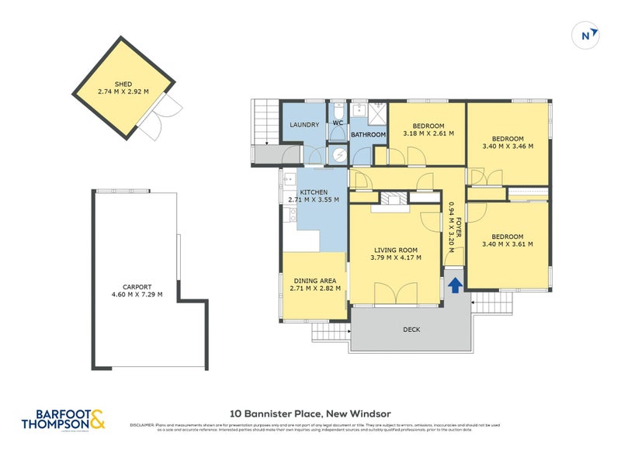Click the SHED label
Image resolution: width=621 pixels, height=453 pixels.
(124, 83)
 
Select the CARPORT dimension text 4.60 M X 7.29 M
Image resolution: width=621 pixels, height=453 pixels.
(136, 294)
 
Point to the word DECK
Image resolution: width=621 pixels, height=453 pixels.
(411, 330)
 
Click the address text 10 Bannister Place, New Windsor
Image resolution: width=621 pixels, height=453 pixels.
(310, 413)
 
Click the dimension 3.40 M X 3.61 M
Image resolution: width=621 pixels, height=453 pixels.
(507, 245)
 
